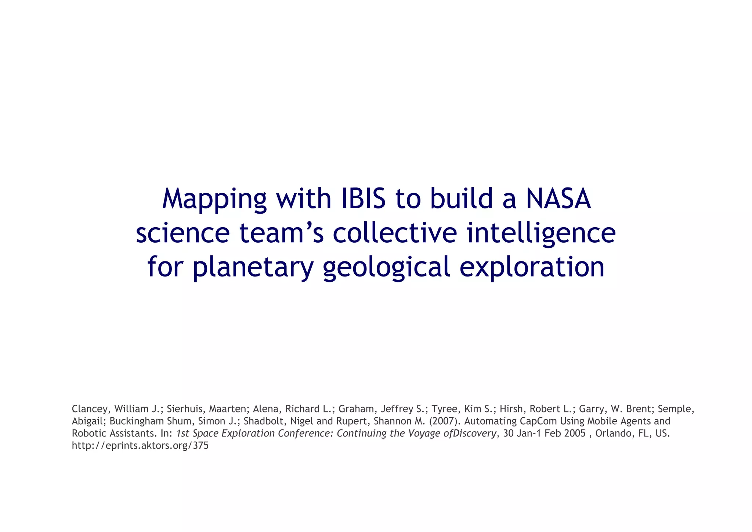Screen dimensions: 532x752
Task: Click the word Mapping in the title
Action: pyautogui.click(x=214, y=200)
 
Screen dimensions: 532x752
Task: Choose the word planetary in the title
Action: pyautogui.click(x=253, y=268)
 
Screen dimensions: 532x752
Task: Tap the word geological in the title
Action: pyautogui.click(x=387, y=268)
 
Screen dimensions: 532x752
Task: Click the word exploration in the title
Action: pyautogui.click(x=532, y=267)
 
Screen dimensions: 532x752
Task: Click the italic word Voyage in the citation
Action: pyautogui.click(x=424, y=433)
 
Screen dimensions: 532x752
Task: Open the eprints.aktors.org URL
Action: pyautogui.click(x=140, y=446)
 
